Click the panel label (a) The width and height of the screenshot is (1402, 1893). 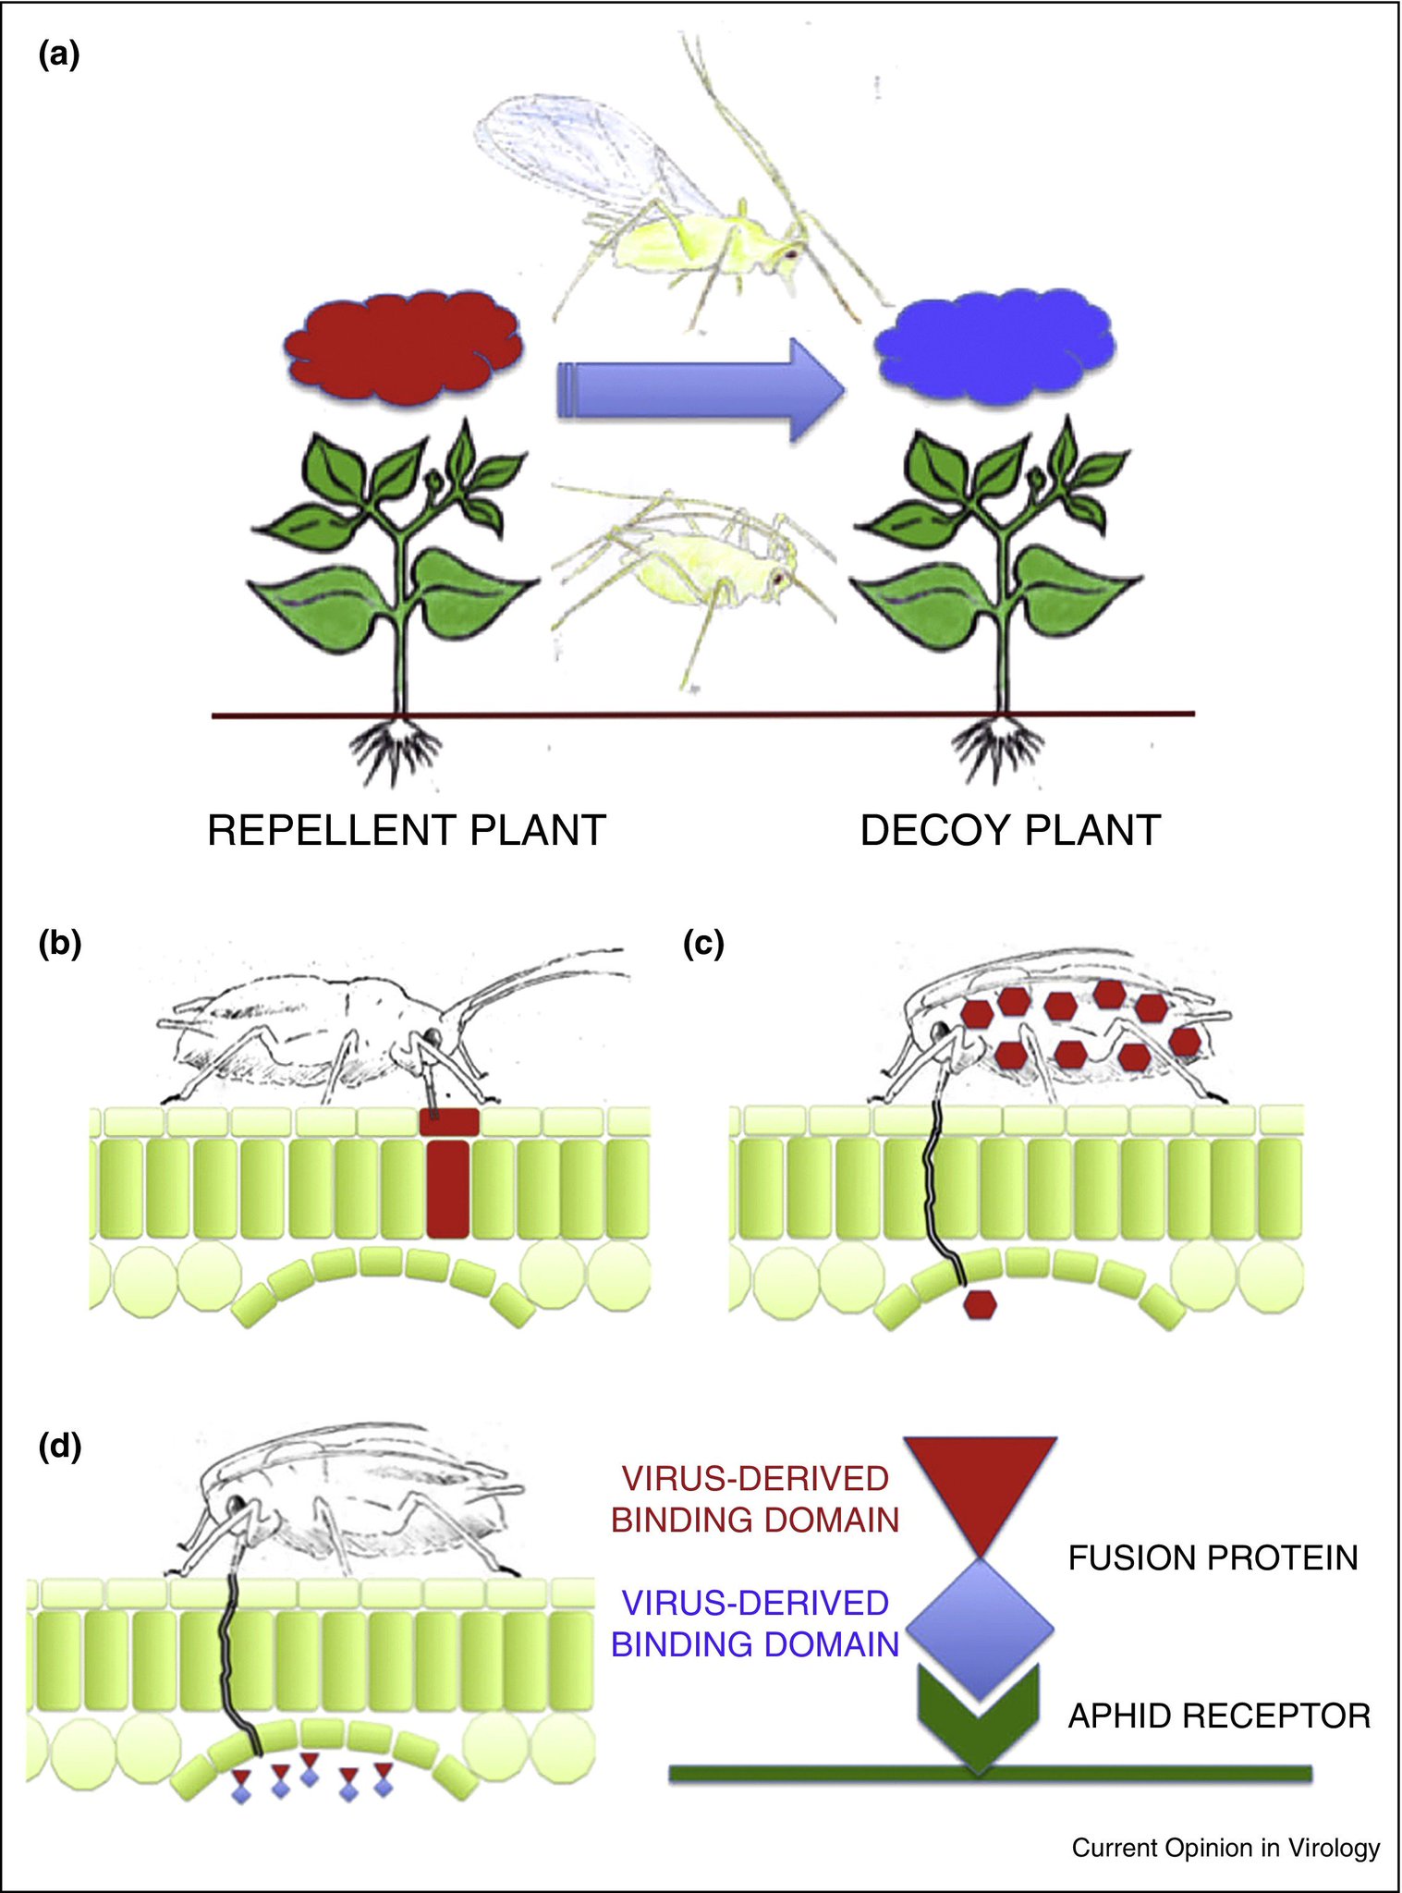(x=59, y=56)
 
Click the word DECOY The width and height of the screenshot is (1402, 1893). (x=934, y=830)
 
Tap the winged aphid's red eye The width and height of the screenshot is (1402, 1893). (x=790, y=251)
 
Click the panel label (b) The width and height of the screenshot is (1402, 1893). (x=59, y=944)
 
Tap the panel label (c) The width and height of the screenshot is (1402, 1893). (x=702, y=944)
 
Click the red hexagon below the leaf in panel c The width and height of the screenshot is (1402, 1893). (x=980, y=1304)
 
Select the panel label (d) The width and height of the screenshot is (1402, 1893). (x=59, y=1445)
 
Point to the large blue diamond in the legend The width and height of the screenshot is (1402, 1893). (x=980, y=1627)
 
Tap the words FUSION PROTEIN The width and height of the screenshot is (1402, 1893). (x=1213, y=1558)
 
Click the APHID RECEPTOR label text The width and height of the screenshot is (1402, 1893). (x=1219, y=1716)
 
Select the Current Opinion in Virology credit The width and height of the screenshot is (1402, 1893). (x=1225, y=1848)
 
